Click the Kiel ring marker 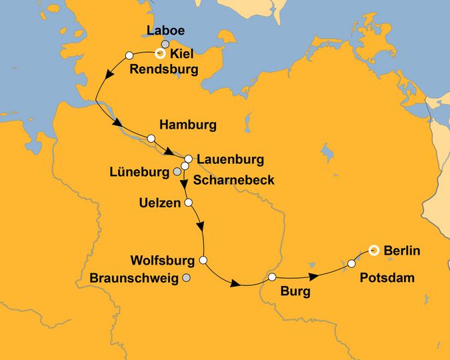tap(159, 54)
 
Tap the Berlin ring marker tap(374, 250)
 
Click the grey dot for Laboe tap(165, 44)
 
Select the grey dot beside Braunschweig tap(187, 278)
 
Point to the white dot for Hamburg tap(151, 139)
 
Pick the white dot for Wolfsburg tap(203, 260)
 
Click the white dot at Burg tap(272, 277)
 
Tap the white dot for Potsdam tap(351, 264)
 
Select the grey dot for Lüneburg tap(177, 172)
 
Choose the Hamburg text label tap(188, 125)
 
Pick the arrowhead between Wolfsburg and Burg tap(234, 285)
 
